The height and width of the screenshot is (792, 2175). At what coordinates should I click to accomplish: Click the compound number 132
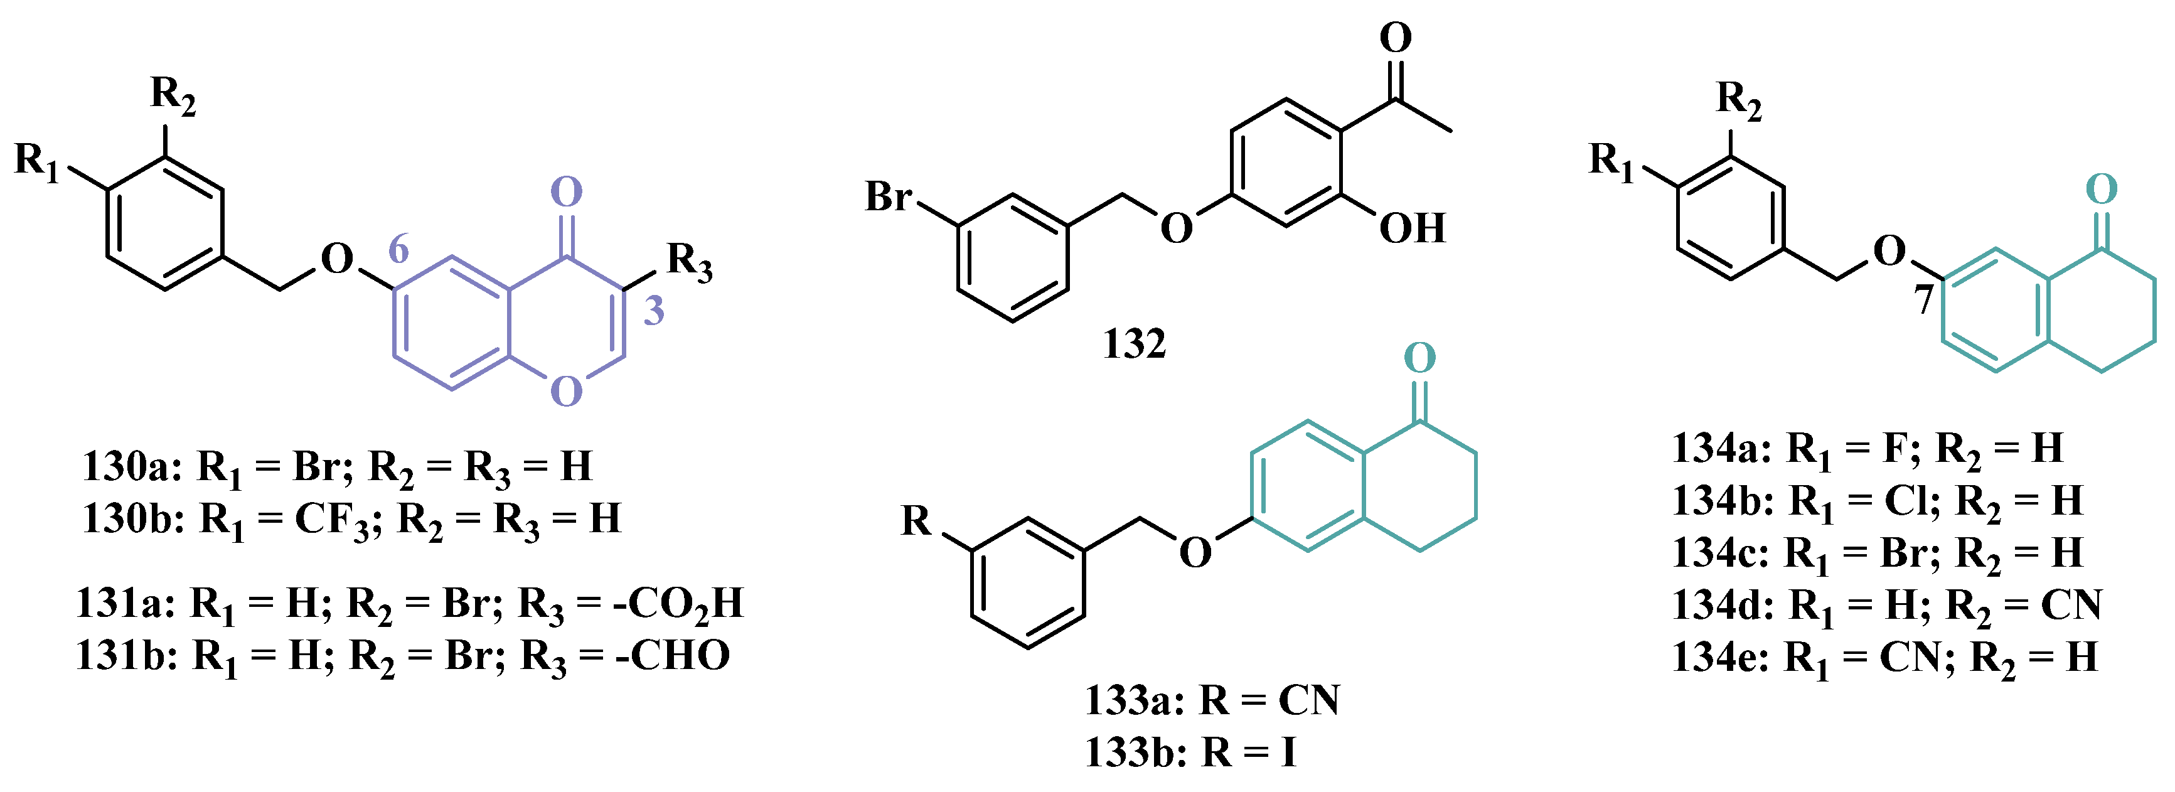1134,345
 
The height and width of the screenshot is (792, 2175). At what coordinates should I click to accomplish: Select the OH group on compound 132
1412,228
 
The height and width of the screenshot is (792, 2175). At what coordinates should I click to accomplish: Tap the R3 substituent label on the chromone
689,262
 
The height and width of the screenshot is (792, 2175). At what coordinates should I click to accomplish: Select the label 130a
131,466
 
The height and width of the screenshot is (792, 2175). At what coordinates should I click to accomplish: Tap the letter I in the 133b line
1288,752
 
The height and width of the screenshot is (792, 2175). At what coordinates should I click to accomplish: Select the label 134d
1723,606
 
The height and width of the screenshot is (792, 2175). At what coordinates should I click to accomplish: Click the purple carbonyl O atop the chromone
567,193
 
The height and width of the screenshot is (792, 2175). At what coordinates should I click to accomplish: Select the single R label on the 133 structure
916,521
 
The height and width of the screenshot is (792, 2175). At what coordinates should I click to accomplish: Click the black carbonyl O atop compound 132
1395,38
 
